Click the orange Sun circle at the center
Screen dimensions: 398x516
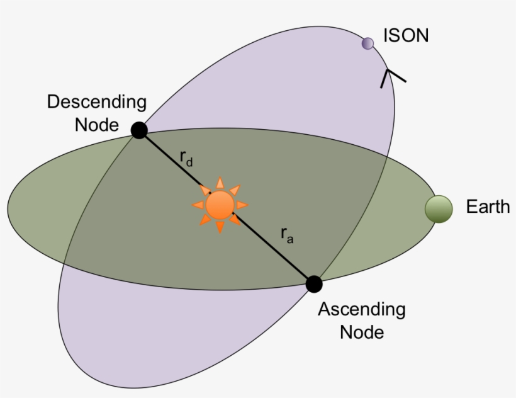point(220,205)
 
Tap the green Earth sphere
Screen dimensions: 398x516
point(439,208)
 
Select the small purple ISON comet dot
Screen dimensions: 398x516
point(367,43)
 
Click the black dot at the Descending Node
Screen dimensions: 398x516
point(139,130)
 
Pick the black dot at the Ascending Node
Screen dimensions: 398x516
point(314,284)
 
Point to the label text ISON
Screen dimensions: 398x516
point(406,35)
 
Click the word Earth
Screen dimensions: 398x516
point(488,207)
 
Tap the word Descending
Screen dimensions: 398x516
point(96,102)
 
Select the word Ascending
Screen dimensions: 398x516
point(361,309)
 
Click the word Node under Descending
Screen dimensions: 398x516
point(96,125)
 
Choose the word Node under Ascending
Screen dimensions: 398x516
point(362,331)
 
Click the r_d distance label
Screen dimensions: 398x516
point(186,159)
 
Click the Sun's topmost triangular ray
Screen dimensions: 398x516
point(220,183)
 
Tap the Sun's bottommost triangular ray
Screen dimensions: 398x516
point(220,228)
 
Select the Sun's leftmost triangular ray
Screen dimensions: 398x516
point(198,205)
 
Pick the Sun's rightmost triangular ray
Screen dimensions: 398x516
point(242,205)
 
